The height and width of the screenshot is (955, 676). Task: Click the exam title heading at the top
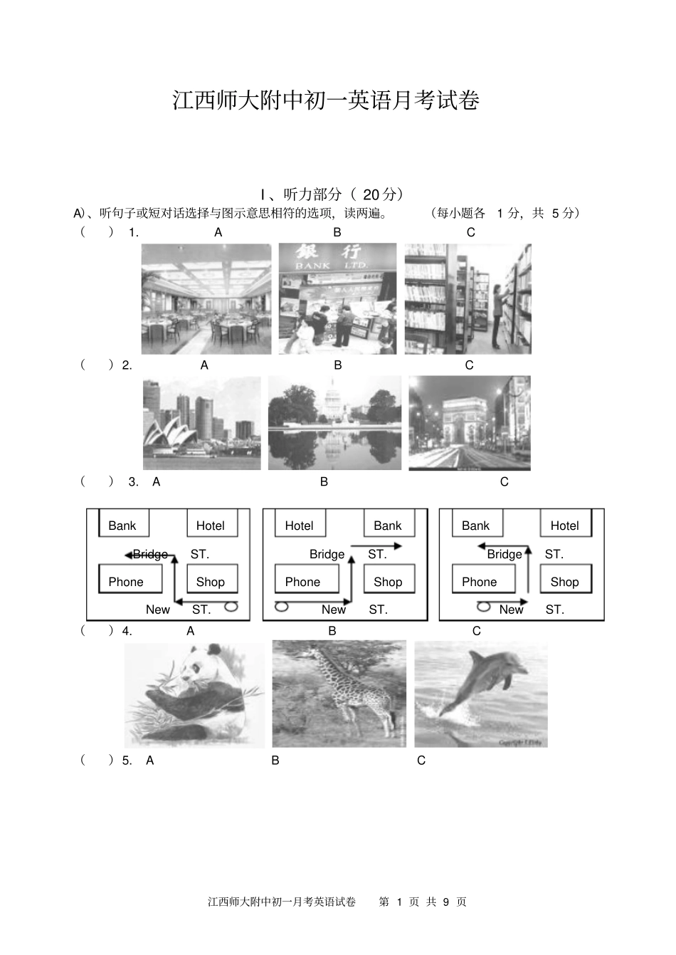326,100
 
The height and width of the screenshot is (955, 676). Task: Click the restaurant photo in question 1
206,299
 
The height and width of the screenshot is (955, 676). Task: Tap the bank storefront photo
337,299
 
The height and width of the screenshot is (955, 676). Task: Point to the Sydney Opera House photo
202,424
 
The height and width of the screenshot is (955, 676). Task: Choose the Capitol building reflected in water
334,424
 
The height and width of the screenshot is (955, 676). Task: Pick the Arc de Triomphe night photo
470,424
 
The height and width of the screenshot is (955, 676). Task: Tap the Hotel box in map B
300,524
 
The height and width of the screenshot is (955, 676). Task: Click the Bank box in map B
389,524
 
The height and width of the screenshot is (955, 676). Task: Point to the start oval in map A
231,607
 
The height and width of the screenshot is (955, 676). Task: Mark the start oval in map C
484,607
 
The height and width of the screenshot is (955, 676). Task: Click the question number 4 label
127,631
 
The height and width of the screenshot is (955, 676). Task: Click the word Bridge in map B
327,554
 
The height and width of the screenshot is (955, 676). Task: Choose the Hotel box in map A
211,524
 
